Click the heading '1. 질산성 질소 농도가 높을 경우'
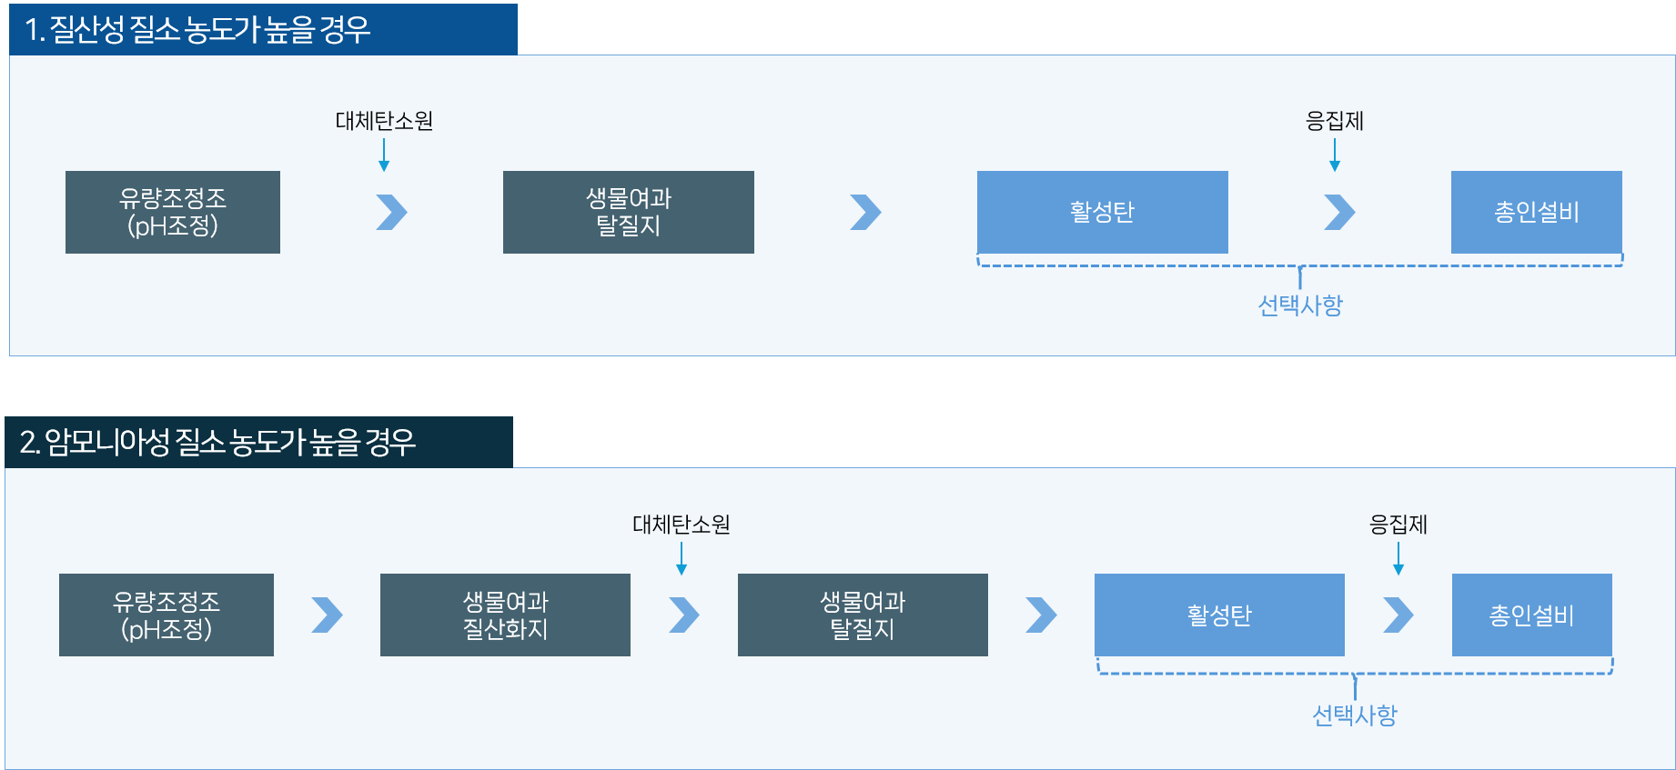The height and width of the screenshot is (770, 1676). (198, 30)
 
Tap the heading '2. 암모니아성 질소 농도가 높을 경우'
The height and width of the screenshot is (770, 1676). (217, 443)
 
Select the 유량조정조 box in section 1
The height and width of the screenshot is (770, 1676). (173, 212)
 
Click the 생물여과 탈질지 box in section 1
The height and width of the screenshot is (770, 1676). (628, 212)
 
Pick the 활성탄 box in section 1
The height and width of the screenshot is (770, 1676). (1102, 212)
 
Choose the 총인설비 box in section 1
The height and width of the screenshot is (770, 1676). (1536, 212)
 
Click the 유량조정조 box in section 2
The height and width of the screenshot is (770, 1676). (167, 615)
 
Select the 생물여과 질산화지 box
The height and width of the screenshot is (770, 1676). (505, 615)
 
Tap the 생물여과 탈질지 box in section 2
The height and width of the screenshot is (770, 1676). (863, 615)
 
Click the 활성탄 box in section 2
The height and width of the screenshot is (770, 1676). (1219, 615)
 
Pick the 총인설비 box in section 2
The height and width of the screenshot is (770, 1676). (1531, 615)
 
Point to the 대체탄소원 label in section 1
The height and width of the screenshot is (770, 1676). (384, 121)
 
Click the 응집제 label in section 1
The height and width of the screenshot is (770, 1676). (1334, 121)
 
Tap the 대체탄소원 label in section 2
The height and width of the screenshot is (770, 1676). (682, 525)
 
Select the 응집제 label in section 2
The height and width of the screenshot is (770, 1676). (1398, 525)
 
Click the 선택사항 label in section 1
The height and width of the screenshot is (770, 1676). (1300, 305)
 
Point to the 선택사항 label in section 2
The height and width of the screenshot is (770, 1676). (1355, 715)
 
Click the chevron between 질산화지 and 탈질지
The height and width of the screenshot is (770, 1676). (684, 615)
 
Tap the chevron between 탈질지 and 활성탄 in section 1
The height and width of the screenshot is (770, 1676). (865, 212)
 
